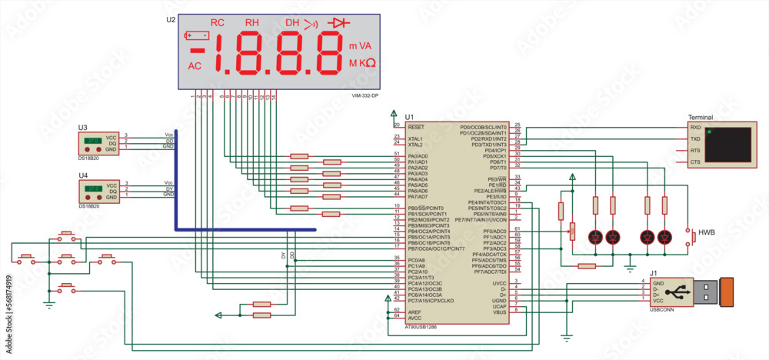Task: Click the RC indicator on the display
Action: [218, 23]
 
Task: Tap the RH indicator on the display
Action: [252, 23]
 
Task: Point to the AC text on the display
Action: [195, 66]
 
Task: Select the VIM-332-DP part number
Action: [366, 95]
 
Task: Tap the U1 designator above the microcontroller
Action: [409, 116]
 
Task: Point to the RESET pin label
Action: [416, 126]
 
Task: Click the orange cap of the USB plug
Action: [728, 294]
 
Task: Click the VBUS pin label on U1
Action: [499, 312]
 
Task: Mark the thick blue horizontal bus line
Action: [246, 229]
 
